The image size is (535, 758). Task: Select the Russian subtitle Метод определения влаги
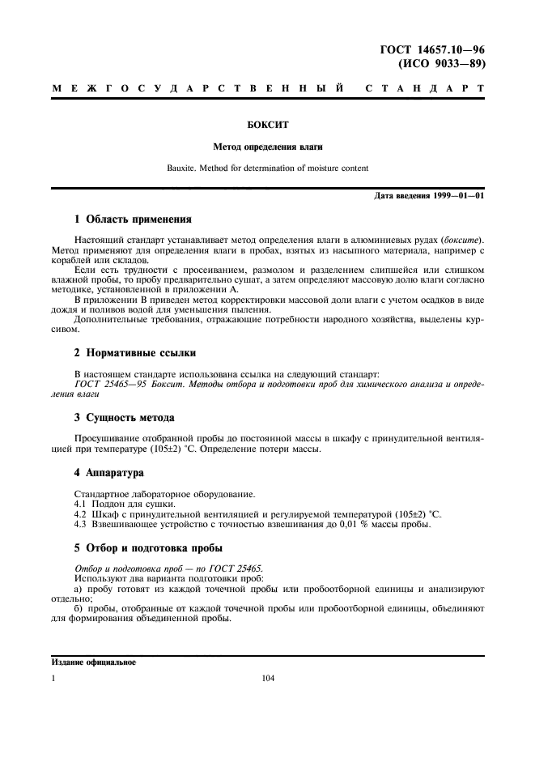(267, 147)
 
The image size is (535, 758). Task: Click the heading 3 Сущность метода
(124, 418)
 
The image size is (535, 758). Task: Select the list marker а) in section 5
(79, 590)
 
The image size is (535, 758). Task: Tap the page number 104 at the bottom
(267, 679)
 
